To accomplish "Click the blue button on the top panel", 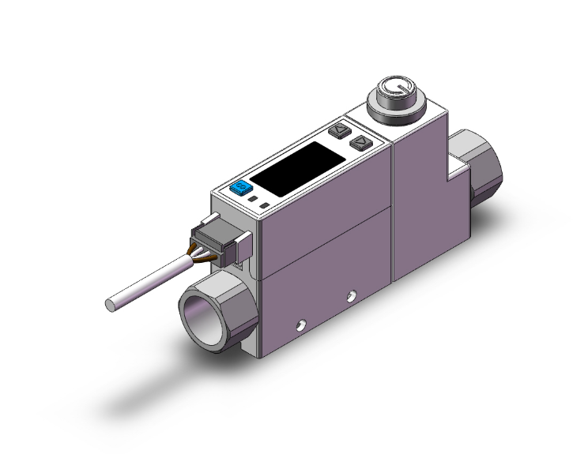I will click(239, 188).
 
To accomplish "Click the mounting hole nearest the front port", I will click(300, 324).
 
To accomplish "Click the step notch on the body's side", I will click(455, 169).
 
